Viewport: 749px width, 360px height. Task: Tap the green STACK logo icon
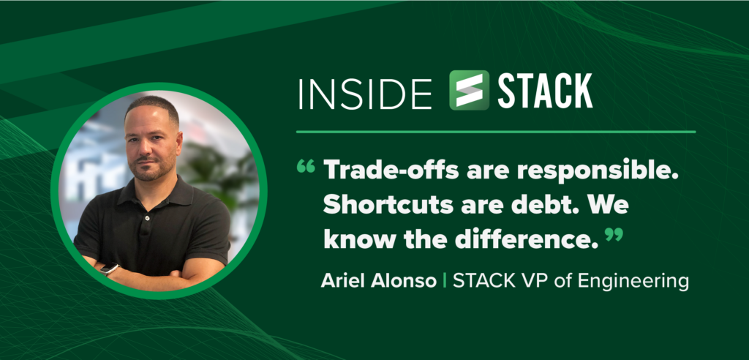469,90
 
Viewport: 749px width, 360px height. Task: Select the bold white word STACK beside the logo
545,91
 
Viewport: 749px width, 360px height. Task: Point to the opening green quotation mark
306,166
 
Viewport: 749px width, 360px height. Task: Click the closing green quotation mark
614,234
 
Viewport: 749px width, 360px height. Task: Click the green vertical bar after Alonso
445,281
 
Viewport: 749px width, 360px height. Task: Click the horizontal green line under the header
496,132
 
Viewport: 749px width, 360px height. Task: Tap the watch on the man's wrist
110,269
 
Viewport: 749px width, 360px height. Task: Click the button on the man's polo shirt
148,218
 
